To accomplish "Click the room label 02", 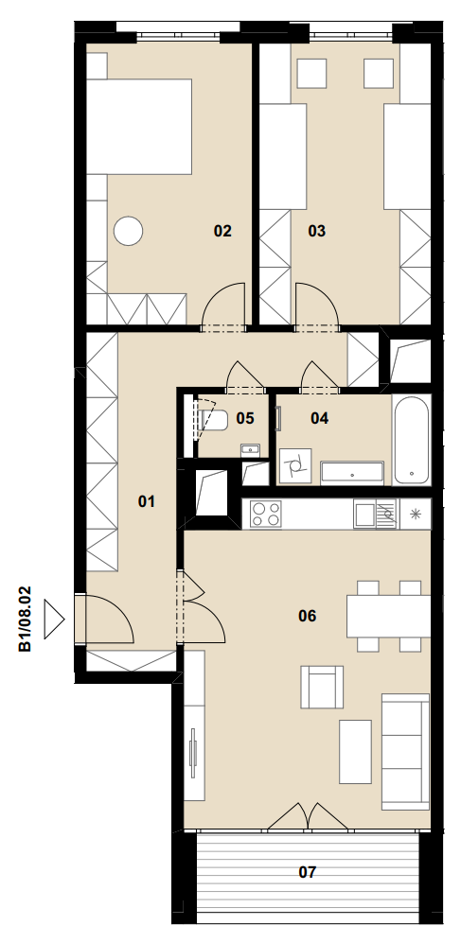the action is click(x=222, y=231).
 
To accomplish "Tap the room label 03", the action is click(x=316, y=231).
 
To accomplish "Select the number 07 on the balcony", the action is click(x=307, y=872).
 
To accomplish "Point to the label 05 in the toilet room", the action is click(x=245, y=418).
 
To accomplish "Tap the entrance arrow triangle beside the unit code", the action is click(x=54, y=620).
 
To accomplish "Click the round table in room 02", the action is click(x=128, y=231).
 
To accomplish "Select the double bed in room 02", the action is click(x=139, y=127).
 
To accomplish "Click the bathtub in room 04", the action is click(x=412, y=440).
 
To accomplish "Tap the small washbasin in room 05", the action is click(x=250, y=449).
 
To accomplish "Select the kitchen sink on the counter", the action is click(x=375, y=515).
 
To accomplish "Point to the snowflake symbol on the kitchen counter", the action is click(x=415, y=515).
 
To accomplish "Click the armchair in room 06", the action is click(x=322, y=687).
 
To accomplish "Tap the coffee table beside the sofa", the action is click(x=355, y=752).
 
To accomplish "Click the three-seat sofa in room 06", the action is click(x=405, y=752).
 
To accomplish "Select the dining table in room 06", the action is click(x=388, y=616).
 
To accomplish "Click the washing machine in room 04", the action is click(x=295, y=465).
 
